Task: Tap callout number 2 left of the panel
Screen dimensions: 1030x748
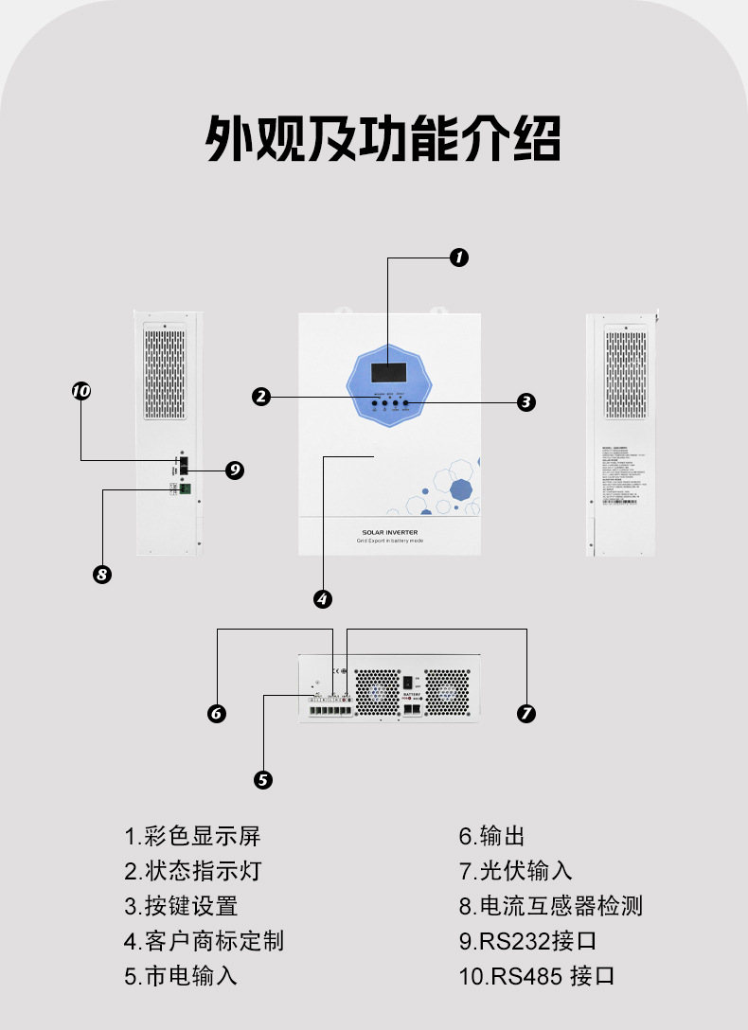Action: tap(261, 398)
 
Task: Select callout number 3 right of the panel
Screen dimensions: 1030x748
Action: tap(527, 401)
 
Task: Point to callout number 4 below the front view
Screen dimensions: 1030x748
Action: tap(323, 598)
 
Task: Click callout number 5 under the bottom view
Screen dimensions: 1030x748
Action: tap(264, 779)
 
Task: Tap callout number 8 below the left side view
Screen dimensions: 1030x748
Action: tap(103, 574)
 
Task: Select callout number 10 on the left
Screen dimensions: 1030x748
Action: tap(80, 391)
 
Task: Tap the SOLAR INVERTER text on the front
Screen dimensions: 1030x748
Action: tap(389, 533)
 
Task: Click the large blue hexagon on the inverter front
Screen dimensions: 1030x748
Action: tap(461, 489)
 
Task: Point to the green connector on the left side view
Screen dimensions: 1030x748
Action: tap(184, 488)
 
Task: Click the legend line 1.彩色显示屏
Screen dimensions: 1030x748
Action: tap(192, 836)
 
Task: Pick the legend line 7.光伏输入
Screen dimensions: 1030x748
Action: tap(516, 871)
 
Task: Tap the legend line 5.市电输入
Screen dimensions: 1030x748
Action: tap(181, 975)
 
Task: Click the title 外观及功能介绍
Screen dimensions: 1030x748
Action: tap(383, 140)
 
